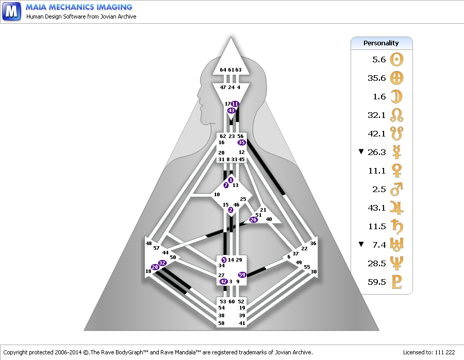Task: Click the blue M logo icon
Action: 11,11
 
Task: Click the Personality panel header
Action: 382,43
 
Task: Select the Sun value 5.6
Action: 379,60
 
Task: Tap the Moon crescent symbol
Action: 396,97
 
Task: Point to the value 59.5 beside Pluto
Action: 377,282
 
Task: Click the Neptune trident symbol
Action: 396,263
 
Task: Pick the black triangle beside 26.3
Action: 361,151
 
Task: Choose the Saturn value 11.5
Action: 377,227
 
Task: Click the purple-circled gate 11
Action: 235,104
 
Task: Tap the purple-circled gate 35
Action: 241,143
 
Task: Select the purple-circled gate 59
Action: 242,275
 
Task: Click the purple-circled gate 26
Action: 253,219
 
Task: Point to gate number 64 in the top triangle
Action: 223,70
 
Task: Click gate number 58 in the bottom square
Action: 221,323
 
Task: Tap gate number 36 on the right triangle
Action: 313,243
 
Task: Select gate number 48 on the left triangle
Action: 148,243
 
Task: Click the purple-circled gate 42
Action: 223,281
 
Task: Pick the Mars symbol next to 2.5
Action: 396,189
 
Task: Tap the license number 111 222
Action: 445,352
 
